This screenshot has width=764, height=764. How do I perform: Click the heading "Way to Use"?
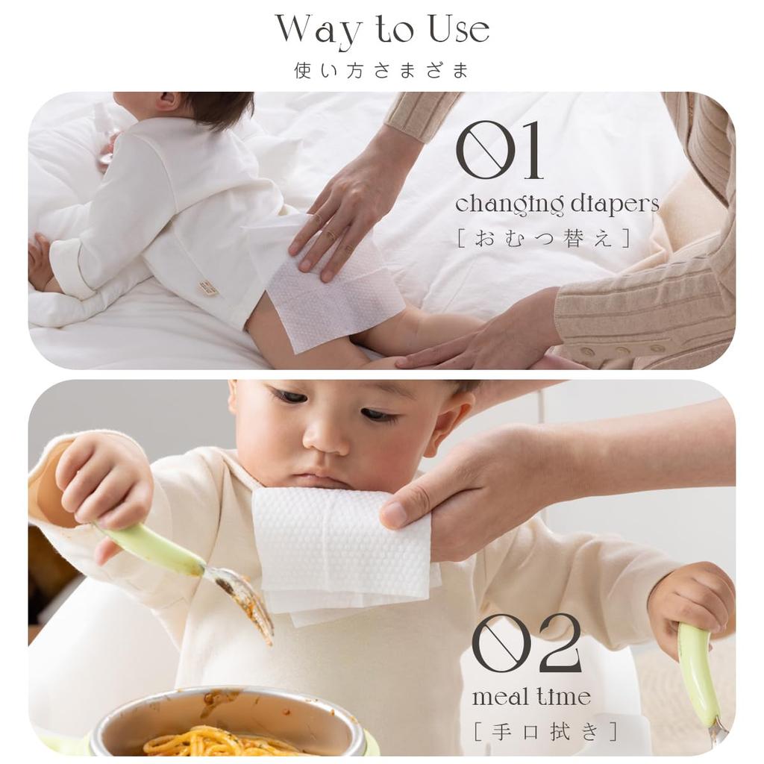[382, 30]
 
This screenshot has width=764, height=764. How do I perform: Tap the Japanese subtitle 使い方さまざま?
[382, 71]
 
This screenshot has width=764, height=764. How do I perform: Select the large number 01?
[499, 151]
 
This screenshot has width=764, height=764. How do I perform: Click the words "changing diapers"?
[557, 204]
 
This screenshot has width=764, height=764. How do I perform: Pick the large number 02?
[527, 643]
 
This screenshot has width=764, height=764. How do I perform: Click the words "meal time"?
[531, 698]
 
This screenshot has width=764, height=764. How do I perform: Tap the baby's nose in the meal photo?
[327, 436]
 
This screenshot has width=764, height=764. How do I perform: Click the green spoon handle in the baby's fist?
[698, 664]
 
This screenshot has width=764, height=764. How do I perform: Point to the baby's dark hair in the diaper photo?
[216, 108]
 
